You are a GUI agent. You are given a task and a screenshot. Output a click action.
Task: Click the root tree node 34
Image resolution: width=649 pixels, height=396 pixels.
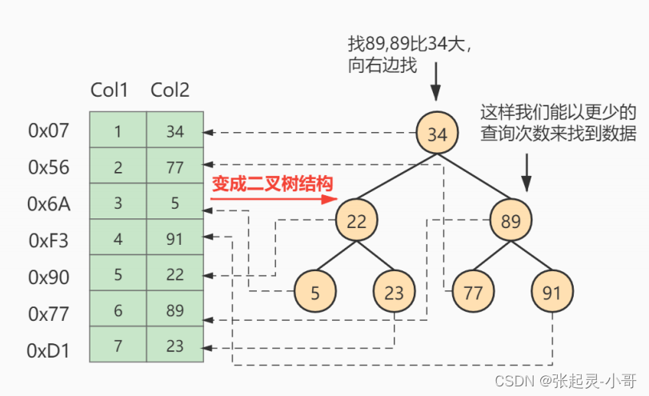click(437, 133)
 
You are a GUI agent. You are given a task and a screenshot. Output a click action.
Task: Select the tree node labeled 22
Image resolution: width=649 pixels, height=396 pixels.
click(356, 220)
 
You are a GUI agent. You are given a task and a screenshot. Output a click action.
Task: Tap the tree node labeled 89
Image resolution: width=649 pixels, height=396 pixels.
click(511, 220)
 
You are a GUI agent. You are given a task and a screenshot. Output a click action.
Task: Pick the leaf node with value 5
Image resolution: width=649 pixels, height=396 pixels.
click(315, 291)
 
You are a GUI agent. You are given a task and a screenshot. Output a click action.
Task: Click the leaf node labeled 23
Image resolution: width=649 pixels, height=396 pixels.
click(394, 291)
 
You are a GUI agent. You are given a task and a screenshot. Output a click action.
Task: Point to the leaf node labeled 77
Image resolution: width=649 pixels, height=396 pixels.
click(473, 291)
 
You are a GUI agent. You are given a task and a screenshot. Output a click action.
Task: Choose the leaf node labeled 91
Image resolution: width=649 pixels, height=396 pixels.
click(552, 291)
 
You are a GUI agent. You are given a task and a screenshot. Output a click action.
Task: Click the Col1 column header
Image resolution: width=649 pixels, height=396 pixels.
click(110, 90)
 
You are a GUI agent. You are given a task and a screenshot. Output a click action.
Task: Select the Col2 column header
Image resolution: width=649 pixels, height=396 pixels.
click(170, 90)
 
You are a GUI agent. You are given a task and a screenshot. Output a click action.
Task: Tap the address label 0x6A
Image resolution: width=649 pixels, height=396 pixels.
click(49, 204)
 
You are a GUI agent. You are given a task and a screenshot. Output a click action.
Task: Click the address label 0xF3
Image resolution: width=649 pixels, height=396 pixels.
click(49, 241)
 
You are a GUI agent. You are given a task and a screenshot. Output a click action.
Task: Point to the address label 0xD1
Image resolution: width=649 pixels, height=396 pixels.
click(48, 350)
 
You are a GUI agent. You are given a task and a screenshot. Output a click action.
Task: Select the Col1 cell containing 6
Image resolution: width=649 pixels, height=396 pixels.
click(118, 309)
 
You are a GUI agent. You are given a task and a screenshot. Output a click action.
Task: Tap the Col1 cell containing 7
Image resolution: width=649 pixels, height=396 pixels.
click(118, 344)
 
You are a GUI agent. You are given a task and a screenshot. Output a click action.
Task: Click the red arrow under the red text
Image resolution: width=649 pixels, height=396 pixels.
click(274, 199)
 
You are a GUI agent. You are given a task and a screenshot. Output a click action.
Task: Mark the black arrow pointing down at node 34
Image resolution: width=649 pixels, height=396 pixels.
click(435, 82)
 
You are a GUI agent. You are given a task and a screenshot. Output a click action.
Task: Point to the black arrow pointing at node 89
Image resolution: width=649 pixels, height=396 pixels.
click(526, 173)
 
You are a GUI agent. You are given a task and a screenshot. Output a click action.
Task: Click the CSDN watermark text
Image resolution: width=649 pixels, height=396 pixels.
click(566, 380)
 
